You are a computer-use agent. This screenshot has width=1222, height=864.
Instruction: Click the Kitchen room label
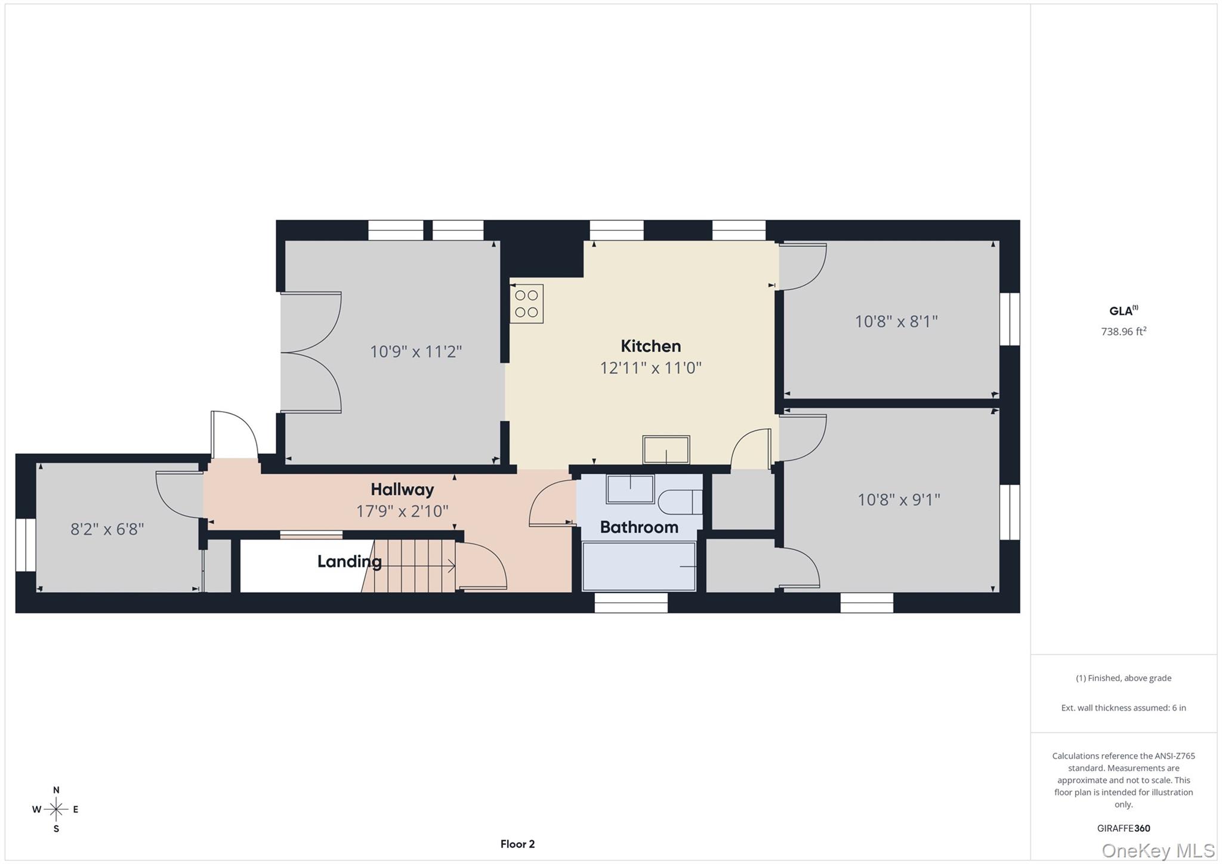650,346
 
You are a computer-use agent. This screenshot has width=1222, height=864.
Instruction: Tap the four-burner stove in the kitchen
526,304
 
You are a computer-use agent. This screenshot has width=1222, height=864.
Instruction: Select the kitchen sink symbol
666,449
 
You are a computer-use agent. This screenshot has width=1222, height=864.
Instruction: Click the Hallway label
402,490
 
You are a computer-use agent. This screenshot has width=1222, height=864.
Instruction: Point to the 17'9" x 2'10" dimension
402,511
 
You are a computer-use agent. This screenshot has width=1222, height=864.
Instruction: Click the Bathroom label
639,527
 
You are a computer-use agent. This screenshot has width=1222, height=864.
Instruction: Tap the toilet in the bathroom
681,502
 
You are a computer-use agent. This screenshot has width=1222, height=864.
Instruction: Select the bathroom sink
630,489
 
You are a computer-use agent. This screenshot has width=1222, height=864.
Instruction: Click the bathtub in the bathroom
639,566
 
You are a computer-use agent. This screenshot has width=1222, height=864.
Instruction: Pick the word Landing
349,561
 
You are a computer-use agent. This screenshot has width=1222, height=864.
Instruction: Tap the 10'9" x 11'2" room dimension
416,351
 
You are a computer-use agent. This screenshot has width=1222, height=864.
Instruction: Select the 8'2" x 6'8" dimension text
107,529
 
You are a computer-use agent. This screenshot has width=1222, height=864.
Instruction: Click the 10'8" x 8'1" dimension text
896,322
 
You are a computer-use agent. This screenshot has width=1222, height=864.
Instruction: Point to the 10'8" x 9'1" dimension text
899,499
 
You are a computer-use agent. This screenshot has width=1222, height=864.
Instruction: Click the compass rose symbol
56,810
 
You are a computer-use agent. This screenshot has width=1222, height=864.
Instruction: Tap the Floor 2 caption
517,844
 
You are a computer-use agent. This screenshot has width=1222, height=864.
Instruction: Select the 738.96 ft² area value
1124,332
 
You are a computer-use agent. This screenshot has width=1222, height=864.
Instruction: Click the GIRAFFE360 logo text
1124,828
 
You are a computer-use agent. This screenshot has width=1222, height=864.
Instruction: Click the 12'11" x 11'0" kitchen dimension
650,368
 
